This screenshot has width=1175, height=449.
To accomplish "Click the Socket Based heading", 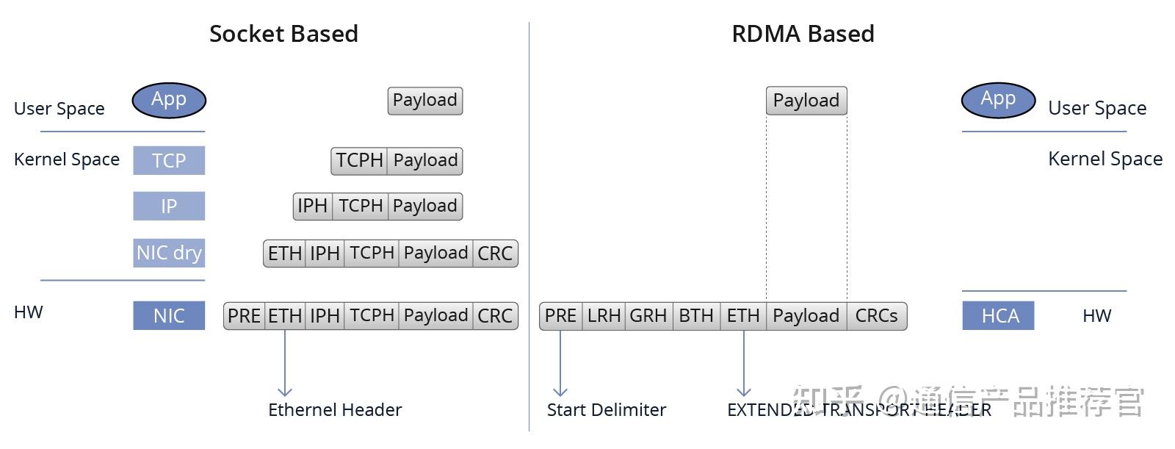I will point(283,34).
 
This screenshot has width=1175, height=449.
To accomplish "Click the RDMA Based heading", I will point(803,34).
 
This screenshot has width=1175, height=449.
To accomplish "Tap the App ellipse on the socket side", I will point(169,101).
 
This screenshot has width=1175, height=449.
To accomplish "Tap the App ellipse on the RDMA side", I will point(998,100).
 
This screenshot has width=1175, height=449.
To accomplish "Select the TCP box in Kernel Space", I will point(169,160).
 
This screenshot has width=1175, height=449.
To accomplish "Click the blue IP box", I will point(169,206).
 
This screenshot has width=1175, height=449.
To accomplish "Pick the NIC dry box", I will point(169,253).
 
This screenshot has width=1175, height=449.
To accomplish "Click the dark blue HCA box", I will point(999,316).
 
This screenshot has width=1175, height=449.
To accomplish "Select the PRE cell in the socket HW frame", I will point(244,316).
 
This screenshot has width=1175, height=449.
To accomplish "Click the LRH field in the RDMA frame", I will point(604,316).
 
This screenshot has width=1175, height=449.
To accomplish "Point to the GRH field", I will point(648,316).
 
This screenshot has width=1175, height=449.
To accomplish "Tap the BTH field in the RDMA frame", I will point(695,316).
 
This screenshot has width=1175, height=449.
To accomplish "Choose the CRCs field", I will point(876,316).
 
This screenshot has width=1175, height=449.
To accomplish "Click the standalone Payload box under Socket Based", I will point(424,101).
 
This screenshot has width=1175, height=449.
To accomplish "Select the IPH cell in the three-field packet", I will point(312,206).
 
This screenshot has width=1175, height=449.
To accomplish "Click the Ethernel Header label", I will point(335,410).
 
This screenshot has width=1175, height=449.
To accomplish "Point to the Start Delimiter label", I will point(606,410).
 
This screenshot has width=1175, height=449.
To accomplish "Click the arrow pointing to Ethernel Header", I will point(285,364).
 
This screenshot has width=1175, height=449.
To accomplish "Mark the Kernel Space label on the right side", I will point(1104,159).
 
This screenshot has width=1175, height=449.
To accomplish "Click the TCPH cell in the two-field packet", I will point(359,161).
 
